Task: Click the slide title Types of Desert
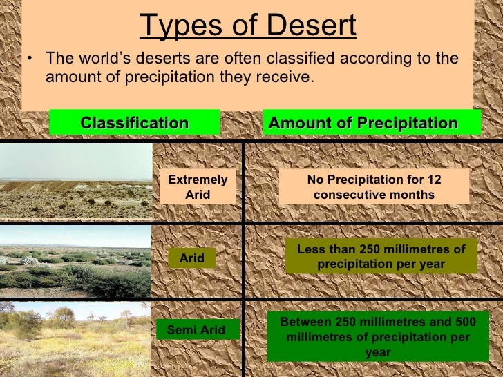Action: click(248, 26)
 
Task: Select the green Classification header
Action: click(135, 123)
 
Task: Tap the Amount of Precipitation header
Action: click(363, 123)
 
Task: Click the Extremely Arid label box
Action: click(198, 187)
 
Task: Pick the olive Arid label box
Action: click(192, 258)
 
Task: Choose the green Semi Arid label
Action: click(196, 330)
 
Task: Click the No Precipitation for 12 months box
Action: click(374, 187)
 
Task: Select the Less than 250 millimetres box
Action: click(381, 256)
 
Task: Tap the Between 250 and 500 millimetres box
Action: click(377, 338)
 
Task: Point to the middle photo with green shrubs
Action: click(75, 262)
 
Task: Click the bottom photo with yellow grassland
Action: click(75, 338)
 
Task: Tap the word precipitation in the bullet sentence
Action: click(167, 77)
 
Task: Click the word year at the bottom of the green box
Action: click(377, 352)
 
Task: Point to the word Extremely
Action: click(198, 180)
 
